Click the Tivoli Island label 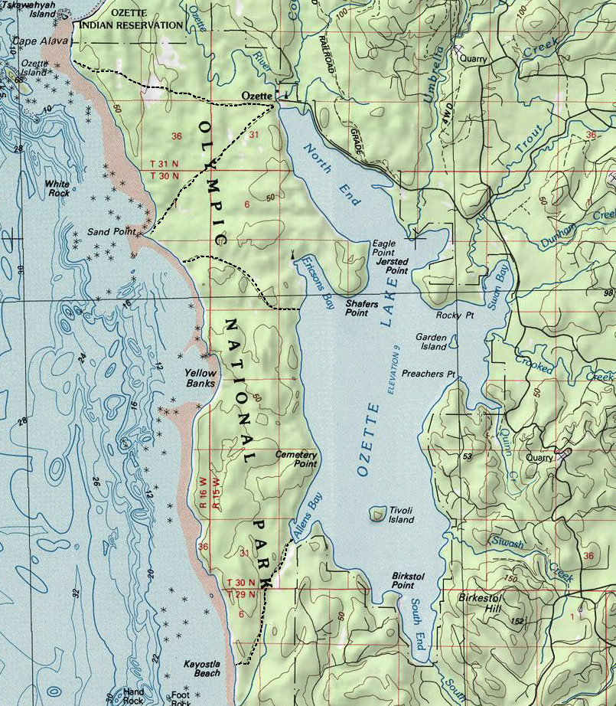(402, 515)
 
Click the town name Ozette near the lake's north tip (256, 96)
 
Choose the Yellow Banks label (200, 378)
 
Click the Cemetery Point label (296, 459)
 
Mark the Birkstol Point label (403, 580)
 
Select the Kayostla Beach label (202, 668)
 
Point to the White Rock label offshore (57, 188)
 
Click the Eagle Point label (383, 247)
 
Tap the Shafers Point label (361, 308)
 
